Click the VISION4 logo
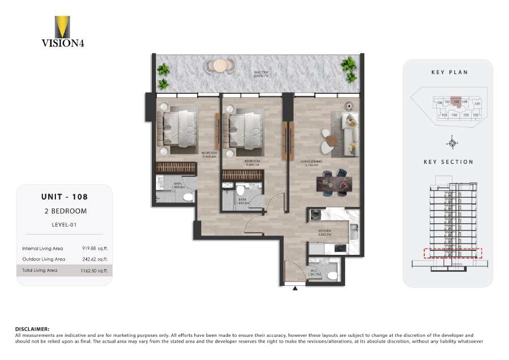click(63, 32)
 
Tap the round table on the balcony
click(220, 66)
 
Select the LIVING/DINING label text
click(311, 162)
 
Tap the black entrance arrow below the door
click(295, 289)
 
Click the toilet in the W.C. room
click(332, 275)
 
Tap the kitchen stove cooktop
click(340, 247)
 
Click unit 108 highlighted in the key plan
click(456, 103)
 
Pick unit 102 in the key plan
click(476, 115)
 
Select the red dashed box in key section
click(452, 253)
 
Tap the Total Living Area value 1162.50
click(94, 271)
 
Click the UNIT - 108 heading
click(64, 197)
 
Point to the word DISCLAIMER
click(32, 328)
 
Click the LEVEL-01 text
click(64, 224)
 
